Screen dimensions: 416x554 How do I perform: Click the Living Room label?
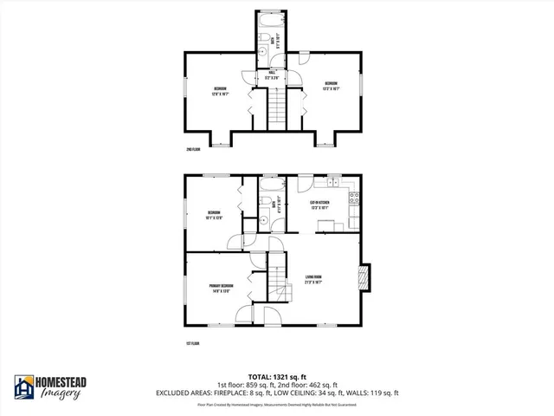(x=313, y=280)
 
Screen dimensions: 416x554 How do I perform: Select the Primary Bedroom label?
(x=220, y=288)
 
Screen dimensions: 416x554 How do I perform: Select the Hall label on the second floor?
(x=271, y=75)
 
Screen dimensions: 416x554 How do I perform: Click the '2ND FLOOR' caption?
(x=193, y=150)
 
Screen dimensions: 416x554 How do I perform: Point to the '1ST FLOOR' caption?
(x=193, y=344)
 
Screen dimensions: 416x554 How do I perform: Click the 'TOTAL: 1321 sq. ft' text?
(x=276, y=375)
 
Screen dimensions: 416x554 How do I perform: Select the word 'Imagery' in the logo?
(x=60, y=395)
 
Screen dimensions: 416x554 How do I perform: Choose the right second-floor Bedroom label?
(x=331, y=86)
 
